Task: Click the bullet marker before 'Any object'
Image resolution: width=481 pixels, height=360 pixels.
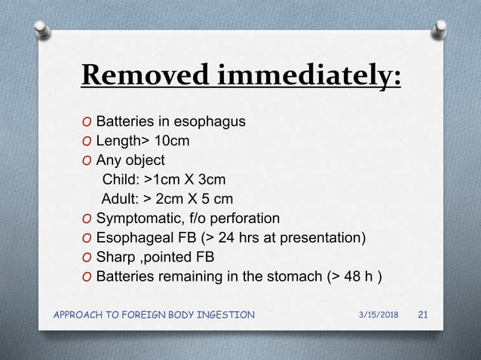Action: click(x=87, y=160)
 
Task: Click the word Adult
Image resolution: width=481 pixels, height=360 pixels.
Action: click(x=120, y=200)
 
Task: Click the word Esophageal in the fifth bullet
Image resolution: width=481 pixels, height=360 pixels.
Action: click(x=133, y=239)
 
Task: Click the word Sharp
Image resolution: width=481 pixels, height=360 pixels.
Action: click(x=116, y=258)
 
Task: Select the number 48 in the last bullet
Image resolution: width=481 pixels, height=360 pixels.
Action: click(x=349, y=277)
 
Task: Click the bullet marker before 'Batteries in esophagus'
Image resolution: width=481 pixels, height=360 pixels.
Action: click(x=87, y=121)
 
